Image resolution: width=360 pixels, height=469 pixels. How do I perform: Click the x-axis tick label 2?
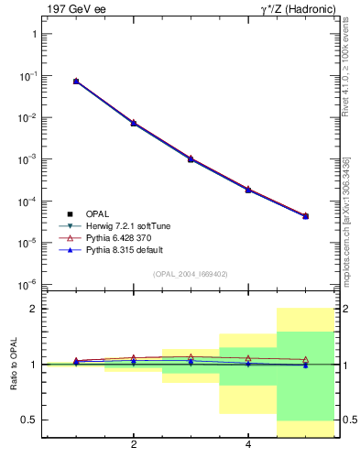pos(134,445)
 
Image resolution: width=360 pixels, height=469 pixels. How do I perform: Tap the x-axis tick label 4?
pos(248,445)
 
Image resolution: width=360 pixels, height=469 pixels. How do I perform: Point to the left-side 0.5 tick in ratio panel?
pos(28,420)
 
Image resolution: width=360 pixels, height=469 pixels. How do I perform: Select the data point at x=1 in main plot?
pos(76,82)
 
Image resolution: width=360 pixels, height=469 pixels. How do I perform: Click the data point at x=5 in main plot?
pos(305,216)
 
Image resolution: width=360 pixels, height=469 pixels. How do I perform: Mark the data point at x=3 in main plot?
pos(191,158)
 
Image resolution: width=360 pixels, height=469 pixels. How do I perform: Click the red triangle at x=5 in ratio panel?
pos(305,359)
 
